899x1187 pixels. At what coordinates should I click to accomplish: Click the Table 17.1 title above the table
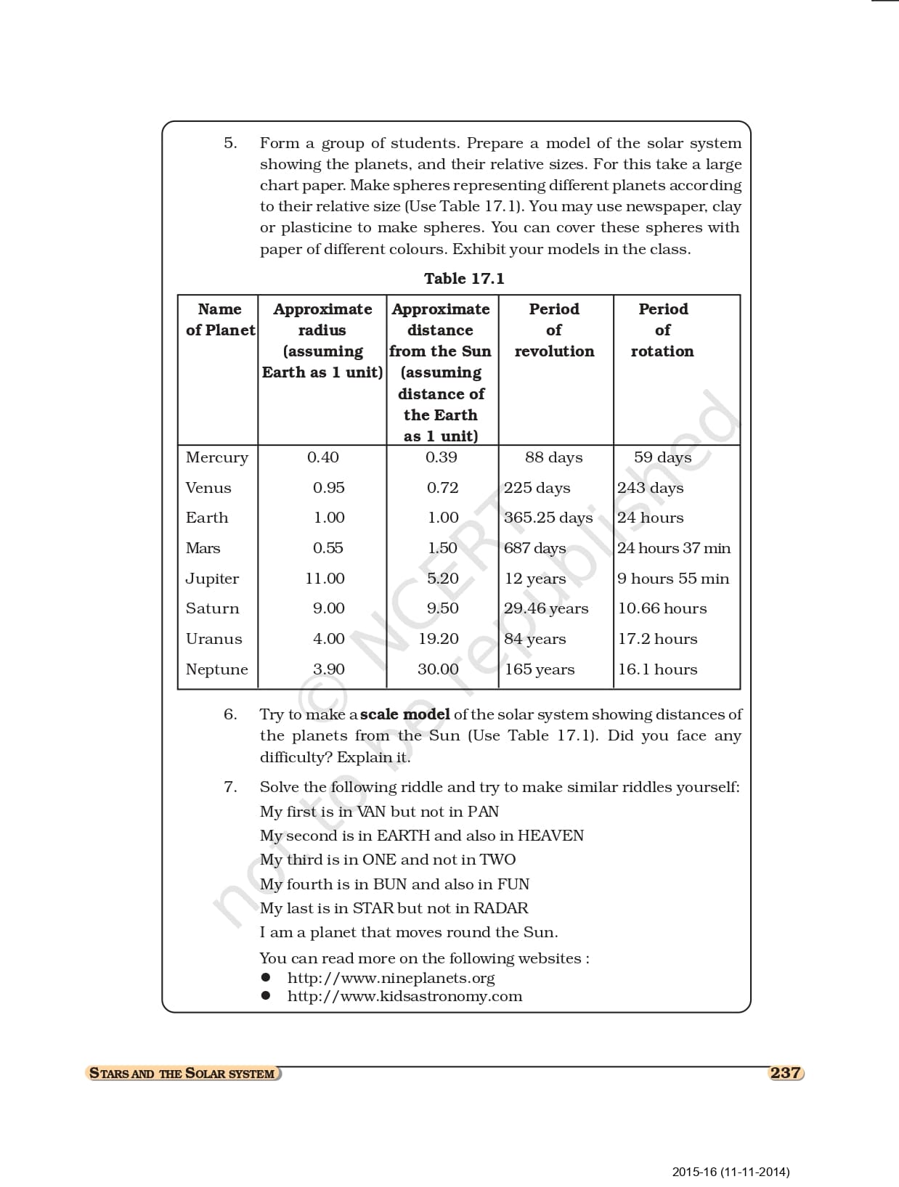coord(464,279)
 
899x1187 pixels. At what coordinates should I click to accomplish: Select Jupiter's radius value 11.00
coord(325,579)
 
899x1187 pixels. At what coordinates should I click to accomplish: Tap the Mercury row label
coord(216,457)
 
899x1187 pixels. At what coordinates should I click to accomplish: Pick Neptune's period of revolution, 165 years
coord(540,669)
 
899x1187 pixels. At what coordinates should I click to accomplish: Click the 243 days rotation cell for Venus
coord(651,488)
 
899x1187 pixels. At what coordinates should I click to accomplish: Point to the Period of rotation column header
coord(662,330)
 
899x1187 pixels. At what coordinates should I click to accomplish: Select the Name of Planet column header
coord(220,319)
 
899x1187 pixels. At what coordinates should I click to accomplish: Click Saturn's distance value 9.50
coord(442,608)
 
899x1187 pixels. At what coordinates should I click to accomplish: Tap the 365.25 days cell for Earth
coord(548,518)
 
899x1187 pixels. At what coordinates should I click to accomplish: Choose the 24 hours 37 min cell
coord(674,548)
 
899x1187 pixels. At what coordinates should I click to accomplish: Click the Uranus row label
coord(213,639)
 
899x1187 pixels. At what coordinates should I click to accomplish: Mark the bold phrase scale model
coord(404,714)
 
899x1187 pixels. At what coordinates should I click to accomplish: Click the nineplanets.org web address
coord(391,978)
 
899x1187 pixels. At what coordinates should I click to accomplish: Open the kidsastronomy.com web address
coord(404,996)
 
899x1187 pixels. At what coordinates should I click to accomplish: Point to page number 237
coord(785,1073)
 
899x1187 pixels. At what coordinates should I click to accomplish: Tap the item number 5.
coord(229,143)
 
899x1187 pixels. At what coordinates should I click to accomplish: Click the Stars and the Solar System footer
coord(182,1074)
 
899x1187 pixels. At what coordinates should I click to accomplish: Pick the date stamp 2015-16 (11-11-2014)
coord(731,1172)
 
